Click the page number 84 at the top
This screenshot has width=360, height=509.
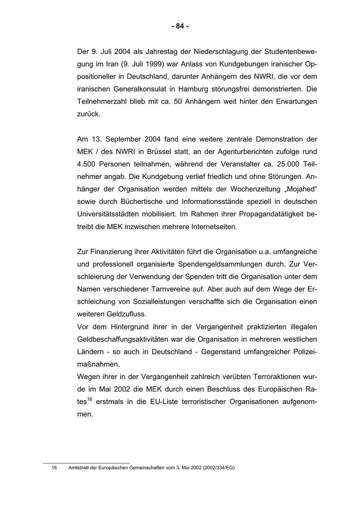click(x=180, y=26)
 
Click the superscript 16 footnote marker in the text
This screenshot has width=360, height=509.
click(x=90, y=399)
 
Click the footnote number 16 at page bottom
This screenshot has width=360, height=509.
click(x=54, y=467)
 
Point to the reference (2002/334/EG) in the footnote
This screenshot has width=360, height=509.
click(x=218, y=467)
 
